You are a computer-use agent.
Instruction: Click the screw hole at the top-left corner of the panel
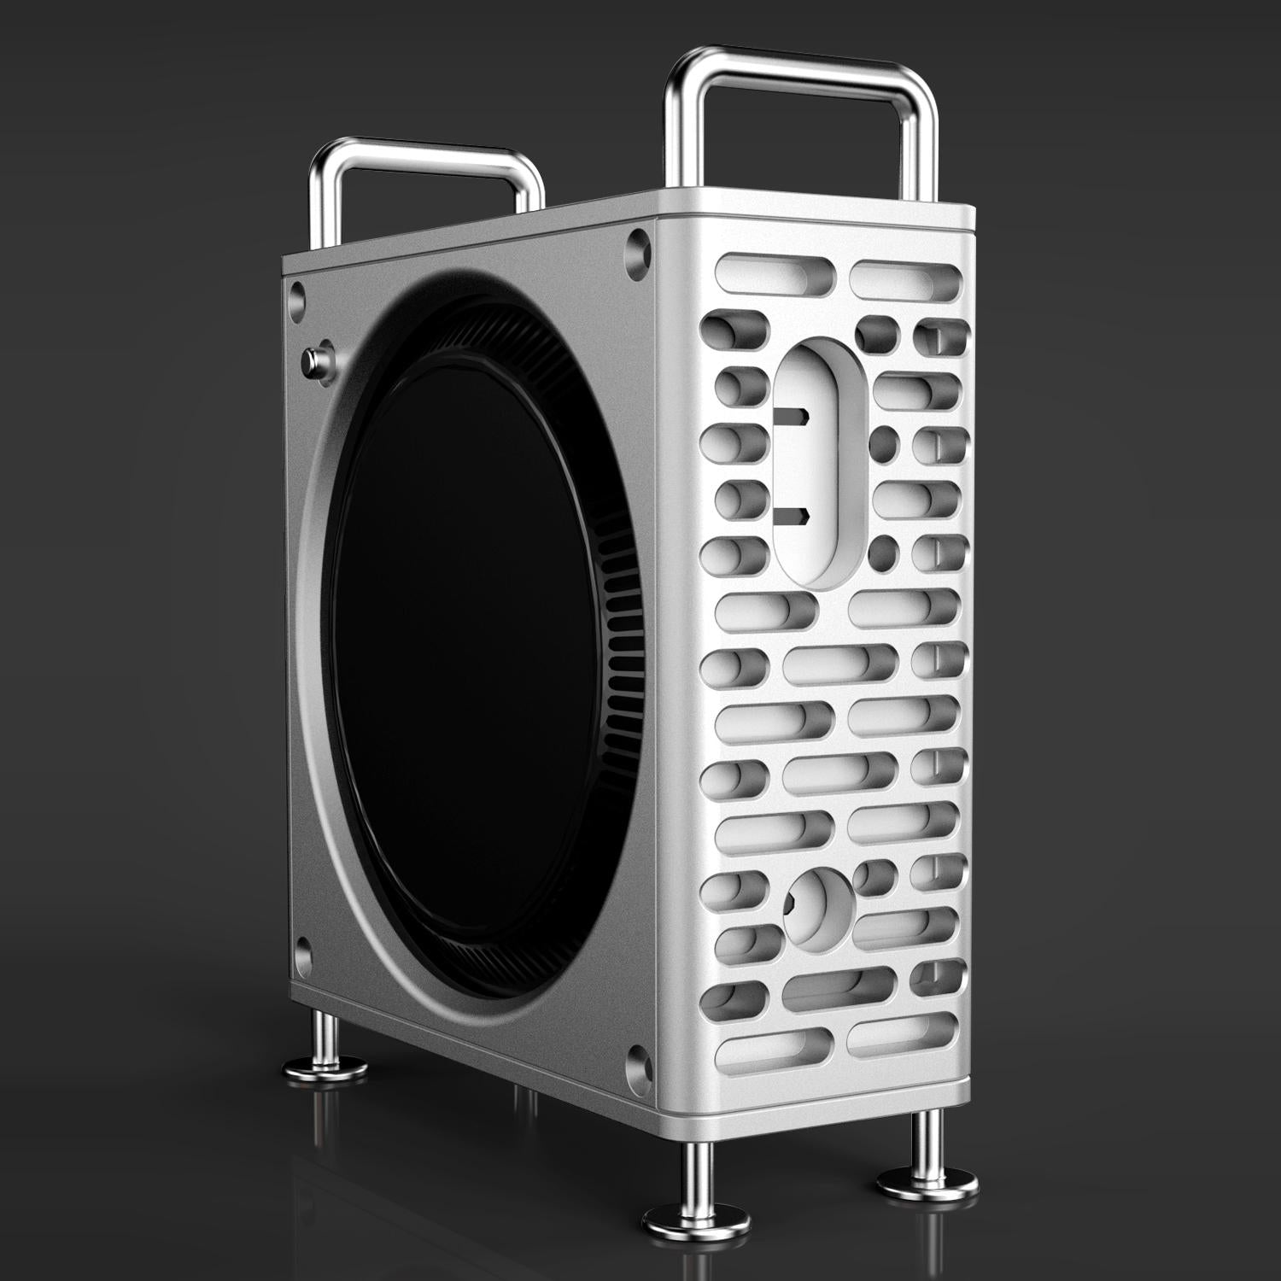[297, 294]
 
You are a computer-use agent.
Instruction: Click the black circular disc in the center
[465, 658]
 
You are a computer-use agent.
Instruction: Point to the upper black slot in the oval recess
[794, 416]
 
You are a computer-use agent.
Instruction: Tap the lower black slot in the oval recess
[794, 515]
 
